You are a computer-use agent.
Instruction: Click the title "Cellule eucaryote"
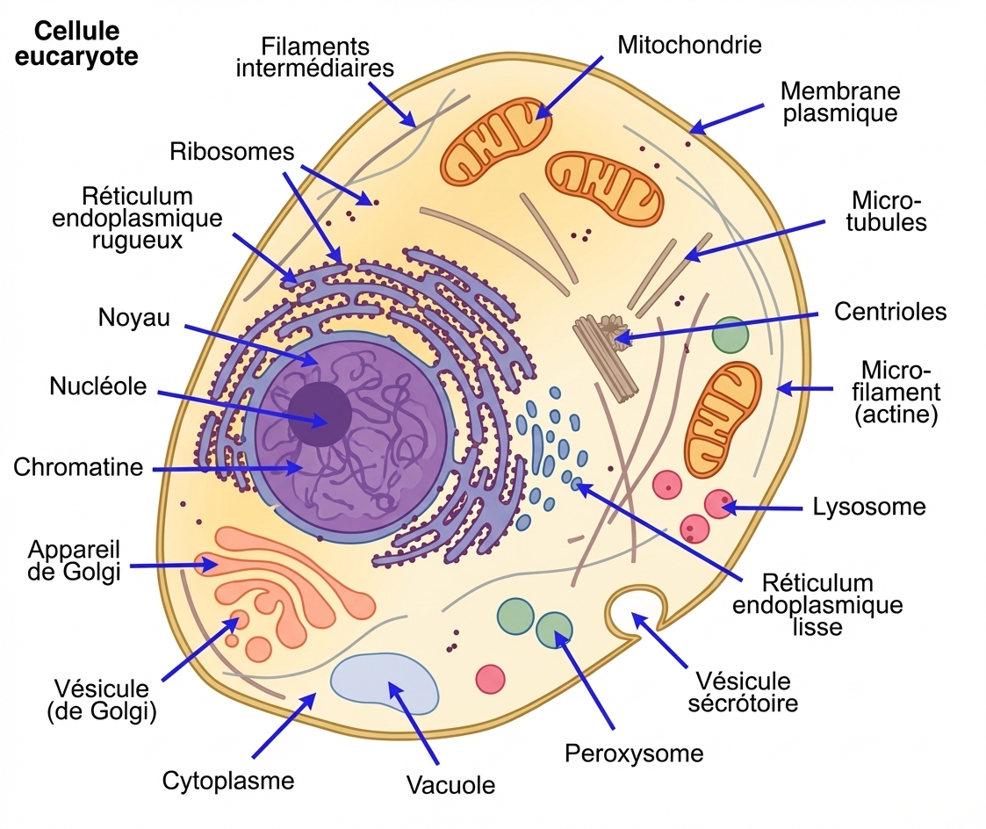coord(86,43)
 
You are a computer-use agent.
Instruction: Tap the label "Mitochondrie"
coord(689,44)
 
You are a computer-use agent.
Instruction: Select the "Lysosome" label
coord(869,506)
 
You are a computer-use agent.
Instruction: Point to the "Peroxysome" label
coord(634,753)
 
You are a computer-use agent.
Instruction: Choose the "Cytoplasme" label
coord(228,780)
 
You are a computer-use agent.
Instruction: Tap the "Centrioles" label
coord(890,311)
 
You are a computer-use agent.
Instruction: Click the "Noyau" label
coord(134,318)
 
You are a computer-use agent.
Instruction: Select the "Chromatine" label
coord(78,466)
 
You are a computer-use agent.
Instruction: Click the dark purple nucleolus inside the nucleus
coord(320,416)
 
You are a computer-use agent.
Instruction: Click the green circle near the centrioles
coord(730,335)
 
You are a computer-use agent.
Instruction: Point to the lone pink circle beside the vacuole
coord(490,678)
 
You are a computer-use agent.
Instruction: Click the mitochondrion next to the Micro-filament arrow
coord(723,412)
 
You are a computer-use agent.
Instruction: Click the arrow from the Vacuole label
coord(413,722)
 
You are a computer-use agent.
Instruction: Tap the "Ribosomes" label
coord(232,151)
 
